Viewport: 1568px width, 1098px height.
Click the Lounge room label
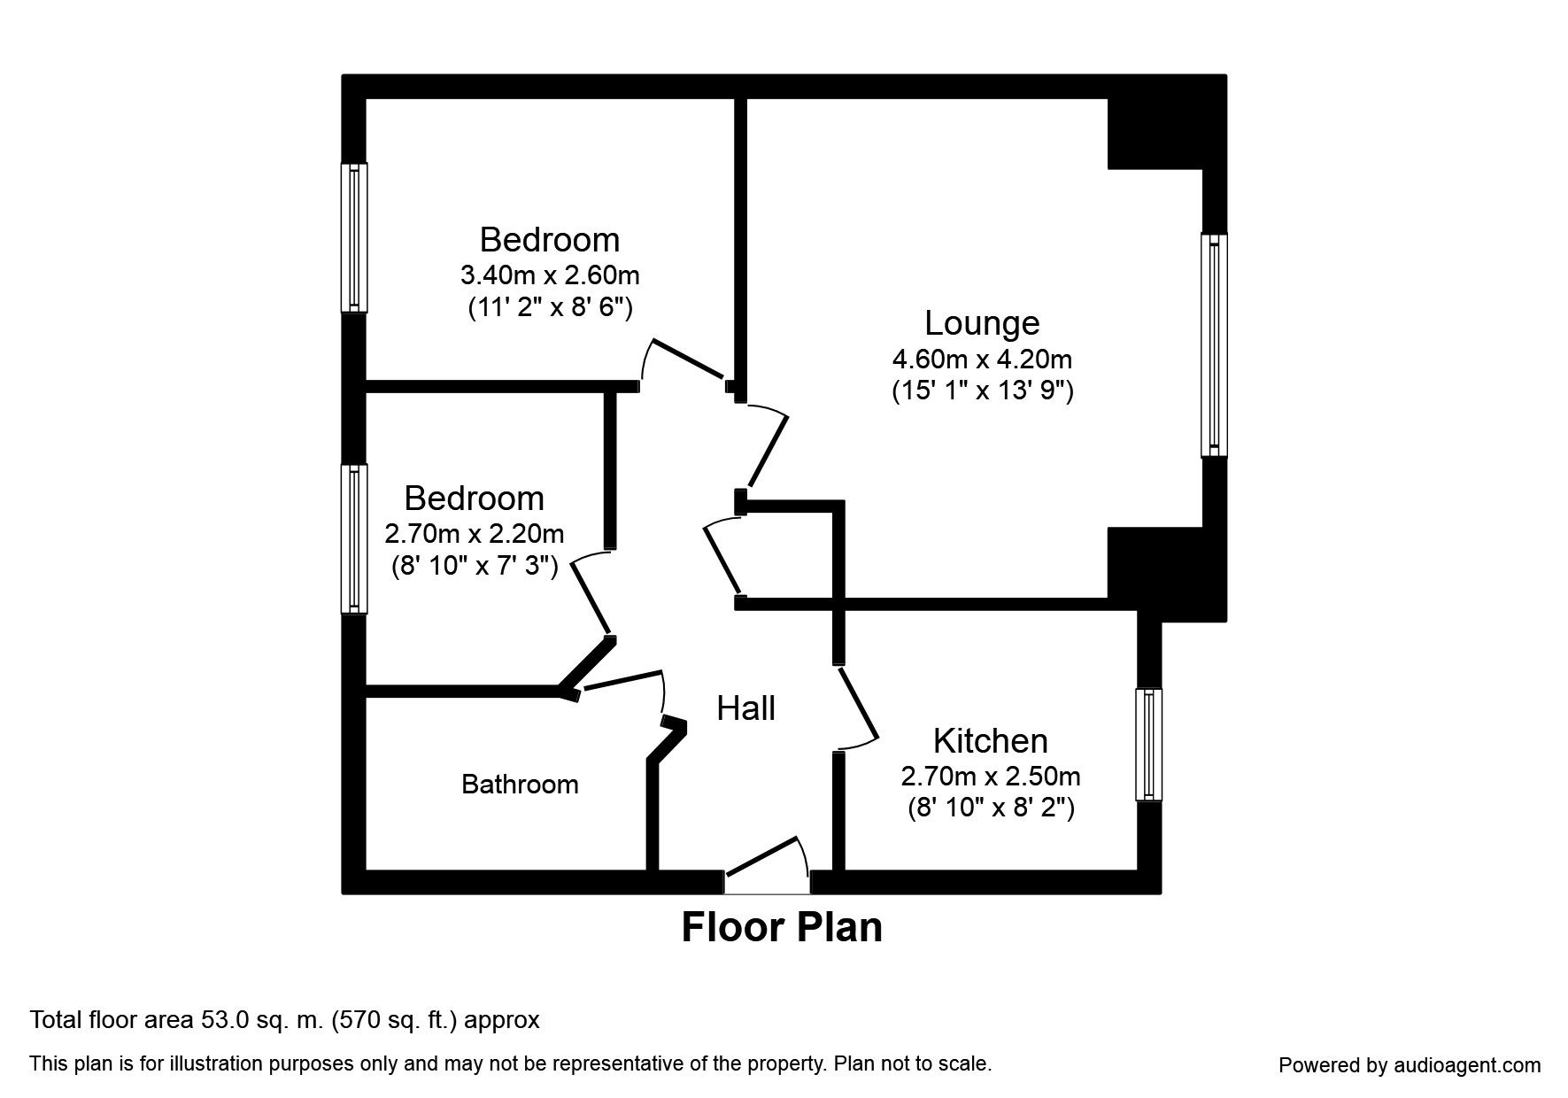point(981,323)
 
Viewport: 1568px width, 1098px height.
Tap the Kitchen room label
point(990,740)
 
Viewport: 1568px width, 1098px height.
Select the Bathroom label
point(520,785)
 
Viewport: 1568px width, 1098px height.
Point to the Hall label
point(745,708)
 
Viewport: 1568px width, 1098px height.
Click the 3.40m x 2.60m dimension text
point(549,275)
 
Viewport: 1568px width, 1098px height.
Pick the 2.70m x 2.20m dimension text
point(474,534)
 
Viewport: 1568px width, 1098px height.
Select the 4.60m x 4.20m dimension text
point(981,360)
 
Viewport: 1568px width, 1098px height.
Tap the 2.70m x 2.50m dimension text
point(990,777)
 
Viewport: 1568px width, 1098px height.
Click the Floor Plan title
point(782,927)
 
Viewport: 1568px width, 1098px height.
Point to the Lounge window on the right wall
point(1214,345)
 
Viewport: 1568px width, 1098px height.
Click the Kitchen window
point(1149,745)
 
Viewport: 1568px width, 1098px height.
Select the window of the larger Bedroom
point(354,237)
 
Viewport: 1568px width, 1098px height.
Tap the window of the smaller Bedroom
point(354,538)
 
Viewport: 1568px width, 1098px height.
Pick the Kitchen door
point(857,706)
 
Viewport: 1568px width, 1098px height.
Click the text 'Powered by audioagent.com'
point(1410,1065)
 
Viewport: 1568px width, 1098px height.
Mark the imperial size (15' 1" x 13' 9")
point(981,390)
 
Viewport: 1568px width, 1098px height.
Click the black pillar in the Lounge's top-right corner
point(1154,133)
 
